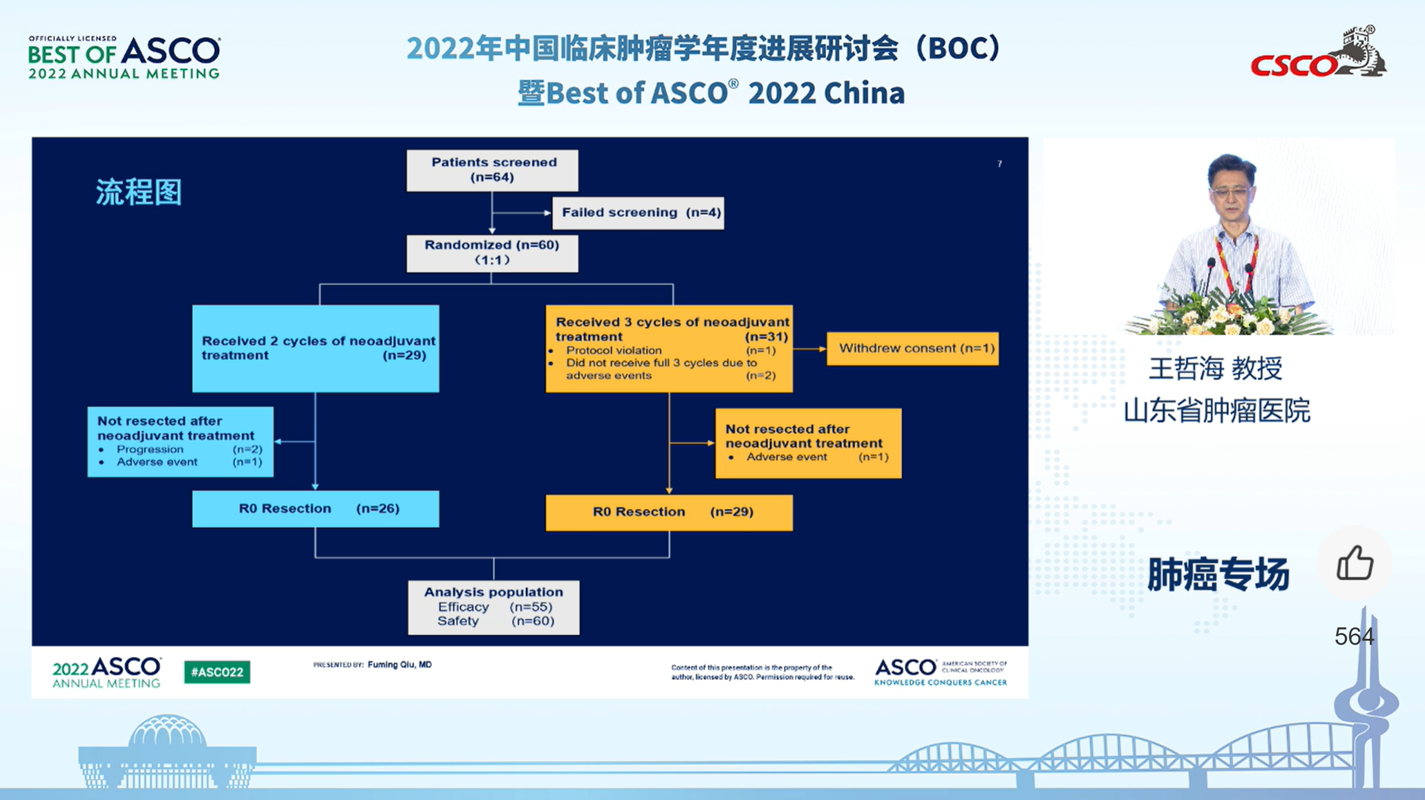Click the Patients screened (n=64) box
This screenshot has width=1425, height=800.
[x=492, y=170]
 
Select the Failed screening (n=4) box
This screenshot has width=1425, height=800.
[x=638, y=213]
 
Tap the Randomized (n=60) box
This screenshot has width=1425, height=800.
[x=492, y=253]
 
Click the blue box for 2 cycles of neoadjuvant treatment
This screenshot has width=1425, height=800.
[x=315, y=348]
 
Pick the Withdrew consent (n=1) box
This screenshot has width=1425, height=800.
[x=913, y=348]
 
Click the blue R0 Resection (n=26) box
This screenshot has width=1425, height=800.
[x=315, y=509]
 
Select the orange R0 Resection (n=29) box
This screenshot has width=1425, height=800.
[x=669, y=512]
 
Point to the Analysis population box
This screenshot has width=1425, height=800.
[x=493, y=607]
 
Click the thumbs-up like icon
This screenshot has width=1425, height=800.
[x=1355, y=563]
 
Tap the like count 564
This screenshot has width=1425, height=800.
[x=1354, y=636]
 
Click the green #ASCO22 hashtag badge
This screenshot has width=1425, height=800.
[x=217, y=672]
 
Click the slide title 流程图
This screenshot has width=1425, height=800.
[x=139, y=193]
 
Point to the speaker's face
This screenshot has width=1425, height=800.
[x=1231, y=188]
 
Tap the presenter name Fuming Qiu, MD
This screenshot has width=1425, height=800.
[x=399, y=664]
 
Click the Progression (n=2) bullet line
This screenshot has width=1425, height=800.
[x=183, y=449]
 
